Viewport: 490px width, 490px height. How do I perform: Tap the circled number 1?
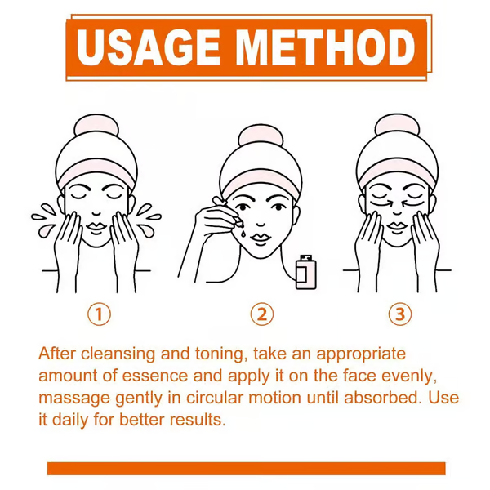[x=98, y=314]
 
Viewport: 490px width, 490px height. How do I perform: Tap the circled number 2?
[x=261, y=314]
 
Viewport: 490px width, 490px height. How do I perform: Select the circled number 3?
[x=399, y=314]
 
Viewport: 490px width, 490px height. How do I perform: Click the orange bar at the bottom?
[x=246, y=468]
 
